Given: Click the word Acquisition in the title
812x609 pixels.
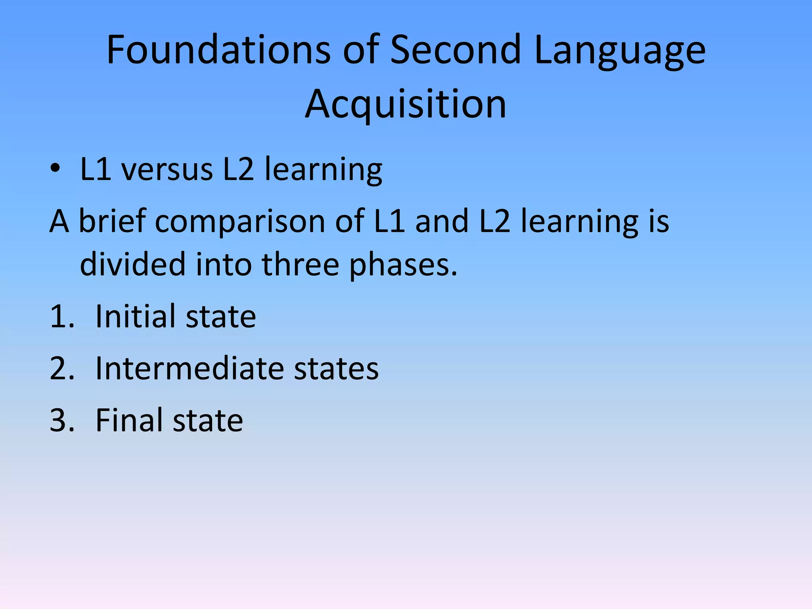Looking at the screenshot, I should pos(406,104).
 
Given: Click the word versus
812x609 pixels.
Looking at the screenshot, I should pos(167,170).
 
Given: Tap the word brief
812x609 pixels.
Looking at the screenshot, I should pos(112,221).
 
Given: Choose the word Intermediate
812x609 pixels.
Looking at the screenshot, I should pos(190,368).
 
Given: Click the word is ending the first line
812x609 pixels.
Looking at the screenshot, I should pos(659,221).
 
